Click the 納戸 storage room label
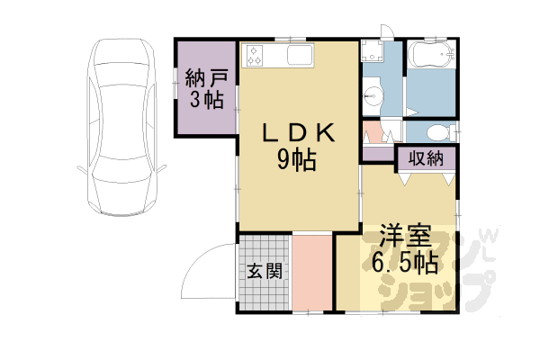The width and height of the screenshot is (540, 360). pyautogui.click(x=207, y=78)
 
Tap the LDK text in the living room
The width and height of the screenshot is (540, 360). pyautogui.click(x=299, y=132)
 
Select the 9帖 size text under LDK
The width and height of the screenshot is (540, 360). pyautogui.click(x=297, y=160)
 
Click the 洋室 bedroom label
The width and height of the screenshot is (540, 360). pyautogui.click(x=405, y=236)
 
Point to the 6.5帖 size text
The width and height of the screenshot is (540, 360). pyautogui.click(x=405, y=263)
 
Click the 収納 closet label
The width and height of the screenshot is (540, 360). pyautogui.click(x=426, y=158)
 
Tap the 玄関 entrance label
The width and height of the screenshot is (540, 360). pyautogui.click(x=265, y=271)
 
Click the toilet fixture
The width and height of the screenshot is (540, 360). pyautogui.click(x=440, y=132)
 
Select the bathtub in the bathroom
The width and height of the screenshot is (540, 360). pyautogui.click(x=432, y=54)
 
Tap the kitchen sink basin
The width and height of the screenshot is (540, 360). pyautogui.click(x=300, y=55)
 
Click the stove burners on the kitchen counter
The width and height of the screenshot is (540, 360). pyautogui.click(x=254, y=55)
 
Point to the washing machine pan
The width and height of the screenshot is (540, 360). pyautogui.click(x=372, y=50)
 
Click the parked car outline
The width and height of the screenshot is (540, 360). pyautogui.click(x=121, y=127)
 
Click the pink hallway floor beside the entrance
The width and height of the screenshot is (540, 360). pyautogui.click(x=312, y=273)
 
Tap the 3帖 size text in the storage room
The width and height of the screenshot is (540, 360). pyautogui.click(x=207, y=100)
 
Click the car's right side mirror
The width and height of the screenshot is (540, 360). pyautogui.click(x=162, y=169)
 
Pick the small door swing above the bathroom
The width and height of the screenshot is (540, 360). pyautogui.click(x=387, y=31)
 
